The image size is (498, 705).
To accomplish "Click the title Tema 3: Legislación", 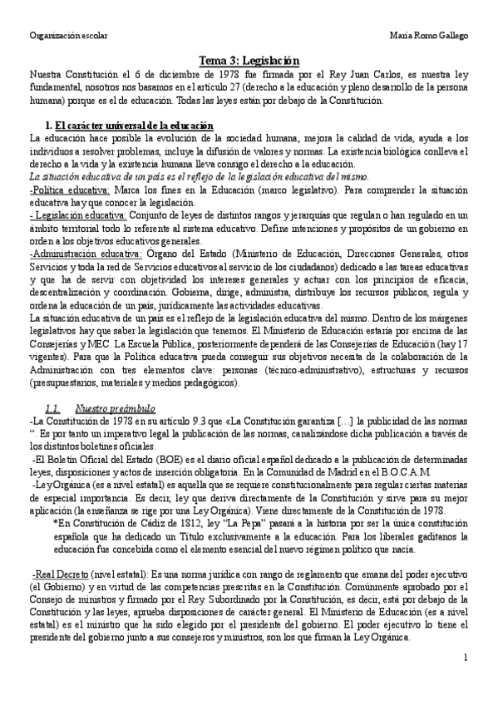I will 249,61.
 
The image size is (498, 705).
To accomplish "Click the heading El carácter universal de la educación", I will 134,125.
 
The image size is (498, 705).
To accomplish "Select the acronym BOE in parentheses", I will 148,459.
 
